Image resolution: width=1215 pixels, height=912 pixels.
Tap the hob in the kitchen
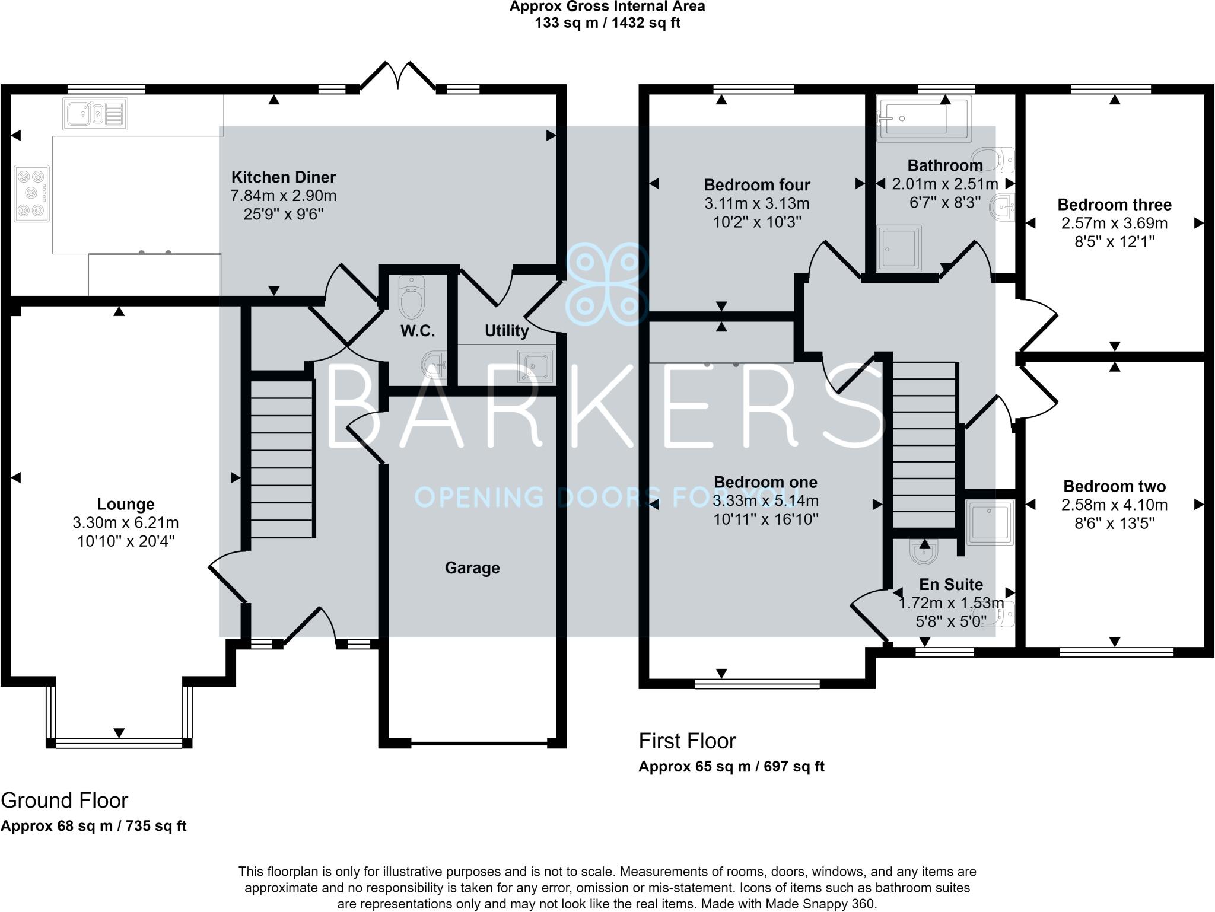pos(31,193)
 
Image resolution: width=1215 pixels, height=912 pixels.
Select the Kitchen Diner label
pos(283,177)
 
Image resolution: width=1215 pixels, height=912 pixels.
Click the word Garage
pos(472,568)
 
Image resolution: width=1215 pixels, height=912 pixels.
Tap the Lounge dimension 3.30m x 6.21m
pos(125,523)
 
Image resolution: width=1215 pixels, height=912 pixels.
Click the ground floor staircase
pos(282,459)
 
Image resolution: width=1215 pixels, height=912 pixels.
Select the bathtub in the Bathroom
pos(924,119)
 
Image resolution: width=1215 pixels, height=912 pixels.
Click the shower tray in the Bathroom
pos(900,247)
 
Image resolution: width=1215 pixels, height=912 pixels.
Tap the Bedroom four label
pos(756,185)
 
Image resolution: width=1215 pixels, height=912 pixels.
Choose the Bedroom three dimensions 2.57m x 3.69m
pos(1114,224)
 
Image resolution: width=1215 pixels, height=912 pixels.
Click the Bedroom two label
pos(1114,486)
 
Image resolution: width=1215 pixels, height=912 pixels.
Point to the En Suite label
pos(951,585)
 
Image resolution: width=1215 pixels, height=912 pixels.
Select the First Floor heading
pos(687,741)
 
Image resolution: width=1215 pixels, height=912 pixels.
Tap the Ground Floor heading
pos(64,801)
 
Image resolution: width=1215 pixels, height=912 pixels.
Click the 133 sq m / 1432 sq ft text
pos(607,23)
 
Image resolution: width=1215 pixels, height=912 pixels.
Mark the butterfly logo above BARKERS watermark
pos(605,285)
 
